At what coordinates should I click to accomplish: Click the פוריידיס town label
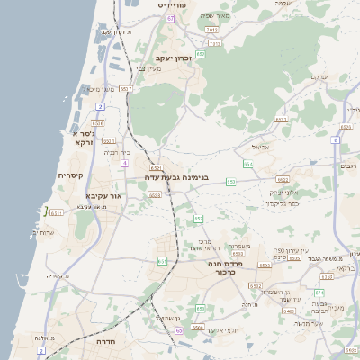coord(171,5)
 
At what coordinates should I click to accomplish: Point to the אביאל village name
coord(260,147)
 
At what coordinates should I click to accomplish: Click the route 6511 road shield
coord(56,213)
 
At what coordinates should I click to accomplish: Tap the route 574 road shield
coord(319,292)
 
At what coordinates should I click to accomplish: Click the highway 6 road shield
coord(335,140)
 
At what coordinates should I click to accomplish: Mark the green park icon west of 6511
coord(44,211)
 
